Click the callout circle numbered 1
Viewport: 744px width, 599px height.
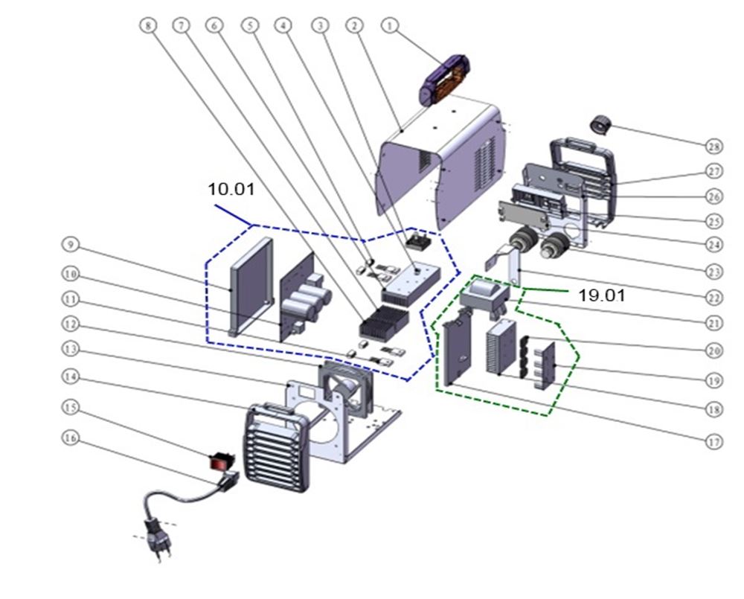388,25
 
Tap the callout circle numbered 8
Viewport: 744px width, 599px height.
147,25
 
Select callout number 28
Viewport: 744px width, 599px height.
715,144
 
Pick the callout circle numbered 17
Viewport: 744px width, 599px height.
715,441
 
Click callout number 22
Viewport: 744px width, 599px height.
715,297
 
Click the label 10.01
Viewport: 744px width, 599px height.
231,190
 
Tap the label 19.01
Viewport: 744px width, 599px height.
602,295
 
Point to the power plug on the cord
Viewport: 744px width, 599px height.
158,534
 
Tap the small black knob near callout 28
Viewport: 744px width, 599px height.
600,124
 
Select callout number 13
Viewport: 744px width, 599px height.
69,349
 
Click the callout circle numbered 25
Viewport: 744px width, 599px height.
715,222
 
